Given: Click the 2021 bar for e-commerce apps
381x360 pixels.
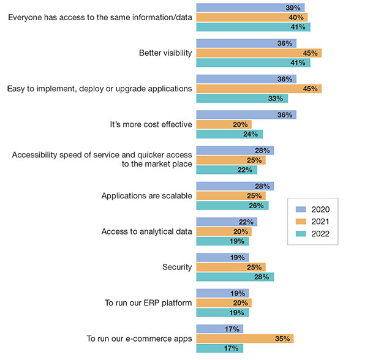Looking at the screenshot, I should pyautogui.click(x=244, y=339).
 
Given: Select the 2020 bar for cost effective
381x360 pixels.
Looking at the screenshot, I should pyautogui.click(x=246, y=114).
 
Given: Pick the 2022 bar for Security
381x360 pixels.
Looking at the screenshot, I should pyautogui.click(x=235, y=277).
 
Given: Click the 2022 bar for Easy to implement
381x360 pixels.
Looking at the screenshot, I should pyautogui.click(x=241, y=98).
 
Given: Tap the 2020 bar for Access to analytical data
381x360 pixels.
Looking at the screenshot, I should pyautogui.click(x=226, y=222).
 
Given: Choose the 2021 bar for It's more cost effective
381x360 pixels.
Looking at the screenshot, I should pyautogui.click(x=224, y=124).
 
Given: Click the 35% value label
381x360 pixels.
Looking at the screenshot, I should pyautogui.click(x=284, y=339).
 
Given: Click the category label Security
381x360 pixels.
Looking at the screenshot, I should pyautogui.click(x=177, y=267).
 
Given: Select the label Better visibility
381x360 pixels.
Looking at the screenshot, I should pyautogui.click(x=165, y=53).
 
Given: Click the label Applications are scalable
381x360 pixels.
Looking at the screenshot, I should pyautogui.click(x=146, y=196).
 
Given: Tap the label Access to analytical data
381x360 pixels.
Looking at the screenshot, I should pyautogui.click(x=146, y=231).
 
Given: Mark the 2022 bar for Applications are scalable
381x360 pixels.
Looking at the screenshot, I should pyautogui.click(x=232, y=206).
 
